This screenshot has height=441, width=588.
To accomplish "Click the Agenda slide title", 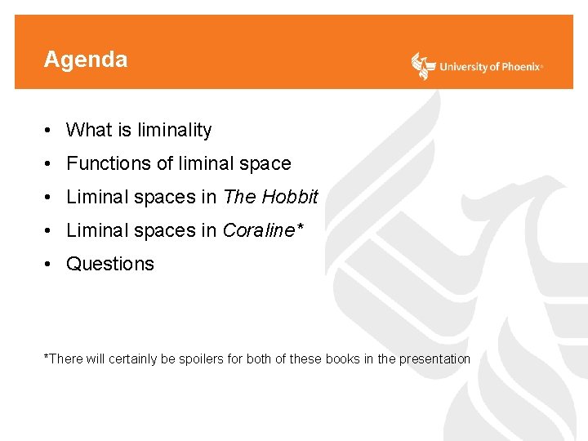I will point(86,60).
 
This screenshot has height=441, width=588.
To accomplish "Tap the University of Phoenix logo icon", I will point(423,65).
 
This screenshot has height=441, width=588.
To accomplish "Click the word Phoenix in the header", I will point(519,67).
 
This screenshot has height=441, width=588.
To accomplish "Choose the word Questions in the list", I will point(110,264).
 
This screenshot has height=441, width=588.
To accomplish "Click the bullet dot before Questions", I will point(50,264).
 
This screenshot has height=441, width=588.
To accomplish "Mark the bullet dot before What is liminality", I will point(50,130).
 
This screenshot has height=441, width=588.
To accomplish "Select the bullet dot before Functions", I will point(50,163).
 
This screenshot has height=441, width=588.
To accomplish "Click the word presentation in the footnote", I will point(434,359).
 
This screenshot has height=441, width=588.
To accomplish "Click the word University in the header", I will point(463,67).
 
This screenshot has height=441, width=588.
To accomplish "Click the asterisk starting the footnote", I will point(47,357).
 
